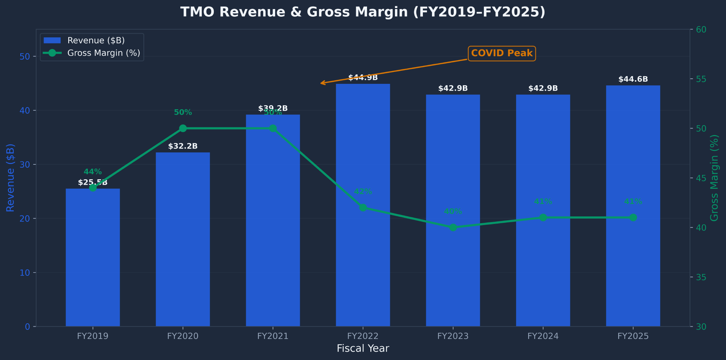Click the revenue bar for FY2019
click(93, 258)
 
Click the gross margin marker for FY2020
click(183, 128)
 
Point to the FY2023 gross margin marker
click(453, 228)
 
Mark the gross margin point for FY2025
click(633, 217)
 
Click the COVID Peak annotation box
click(502, 53)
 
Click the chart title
click(363, 12)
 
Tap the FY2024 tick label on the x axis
click(543, 336)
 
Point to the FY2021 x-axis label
click(273, 336)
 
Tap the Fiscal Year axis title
click(363, 349)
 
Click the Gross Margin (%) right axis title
click(714, 178)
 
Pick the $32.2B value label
click(183, 146)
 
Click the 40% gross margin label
click(453, 212)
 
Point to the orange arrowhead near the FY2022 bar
click(322, 83)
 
